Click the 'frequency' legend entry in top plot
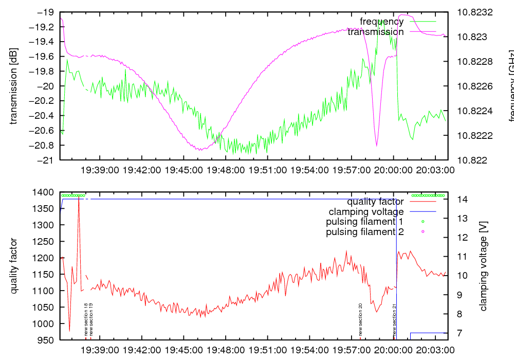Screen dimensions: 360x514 [x=381, y=22]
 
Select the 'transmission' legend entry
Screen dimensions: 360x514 [x=375, y=32]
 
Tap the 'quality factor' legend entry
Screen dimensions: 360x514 [x=375, y=202]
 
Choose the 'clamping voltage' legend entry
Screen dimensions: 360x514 [x=366, y=211]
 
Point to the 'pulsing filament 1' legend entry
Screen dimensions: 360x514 [x=364, y=222]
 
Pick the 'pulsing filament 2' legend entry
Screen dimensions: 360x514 [x=364, y=232]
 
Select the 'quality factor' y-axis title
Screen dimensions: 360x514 [x=13, y=266]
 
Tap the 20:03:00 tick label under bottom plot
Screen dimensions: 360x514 [x=435, y=350]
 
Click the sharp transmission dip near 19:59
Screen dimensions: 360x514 [x=377, y=146]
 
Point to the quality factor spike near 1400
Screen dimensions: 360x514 [x=79, y=198]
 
